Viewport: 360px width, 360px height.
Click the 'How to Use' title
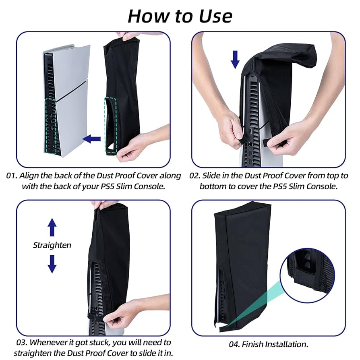(x=180, y=16)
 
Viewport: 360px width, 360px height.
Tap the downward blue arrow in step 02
(x=236, y=59)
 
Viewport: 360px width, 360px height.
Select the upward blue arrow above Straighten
(x=52, y=228)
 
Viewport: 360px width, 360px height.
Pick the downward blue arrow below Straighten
(x=52, y=264)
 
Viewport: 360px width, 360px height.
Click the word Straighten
(x=52, y=245)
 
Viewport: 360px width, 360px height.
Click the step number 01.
(x=12, y=176)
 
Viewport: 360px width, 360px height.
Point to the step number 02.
(x=195, y=176)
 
